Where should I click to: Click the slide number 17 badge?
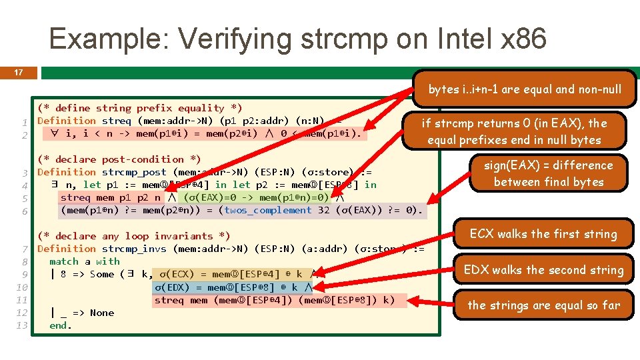click(19, 71)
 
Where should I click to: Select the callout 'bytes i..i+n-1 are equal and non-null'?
click(524, 89)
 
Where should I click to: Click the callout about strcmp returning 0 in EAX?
click(513, 131)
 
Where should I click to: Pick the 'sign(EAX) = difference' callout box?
click(548, 173)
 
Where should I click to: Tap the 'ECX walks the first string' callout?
click(543, 234)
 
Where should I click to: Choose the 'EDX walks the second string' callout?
click(543, 270)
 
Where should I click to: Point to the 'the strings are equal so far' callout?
click(543, 305)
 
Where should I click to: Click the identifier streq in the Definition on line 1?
click(117, 121)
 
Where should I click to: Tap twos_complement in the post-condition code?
click(268, 210)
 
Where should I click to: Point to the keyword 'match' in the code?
click(63, 261)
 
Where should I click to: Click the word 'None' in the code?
click(102, 313)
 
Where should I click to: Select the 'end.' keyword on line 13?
click(60, 325)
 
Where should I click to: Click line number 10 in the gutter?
click(21, 287)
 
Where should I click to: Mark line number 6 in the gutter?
click(24, 211)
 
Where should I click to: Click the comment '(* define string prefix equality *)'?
click(140, 108)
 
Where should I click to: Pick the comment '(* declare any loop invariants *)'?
click(133, 236)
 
